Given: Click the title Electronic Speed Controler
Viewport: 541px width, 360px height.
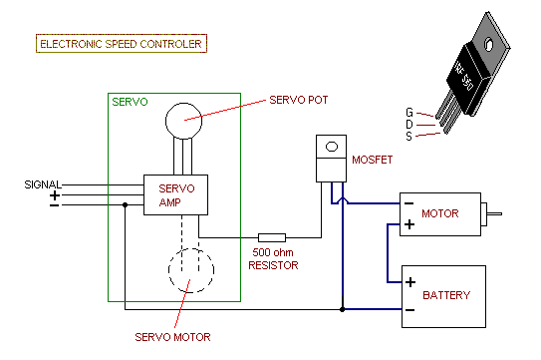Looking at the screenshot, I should point(121,44).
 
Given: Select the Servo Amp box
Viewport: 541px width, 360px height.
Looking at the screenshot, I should point(176,194).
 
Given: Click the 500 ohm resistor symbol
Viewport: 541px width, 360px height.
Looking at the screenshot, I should point(272,237).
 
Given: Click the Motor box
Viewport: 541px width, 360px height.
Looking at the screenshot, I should point(438,214).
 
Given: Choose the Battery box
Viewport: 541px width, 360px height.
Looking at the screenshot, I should point(442,295).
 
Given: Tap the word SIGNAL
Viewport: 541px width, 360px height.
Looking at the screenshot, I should point(43,184).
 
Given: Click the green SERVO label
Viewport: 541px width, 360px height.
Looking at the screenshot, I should point(130,103).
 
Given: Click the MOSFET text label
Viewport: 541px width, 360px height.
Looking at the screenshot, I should point(372,160).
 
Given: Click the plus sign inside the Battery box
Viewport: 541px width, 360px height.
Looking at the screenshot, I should point(409,282).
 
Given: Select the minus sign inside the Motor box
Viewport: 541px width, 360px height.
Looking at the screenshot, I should point(407,205).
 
